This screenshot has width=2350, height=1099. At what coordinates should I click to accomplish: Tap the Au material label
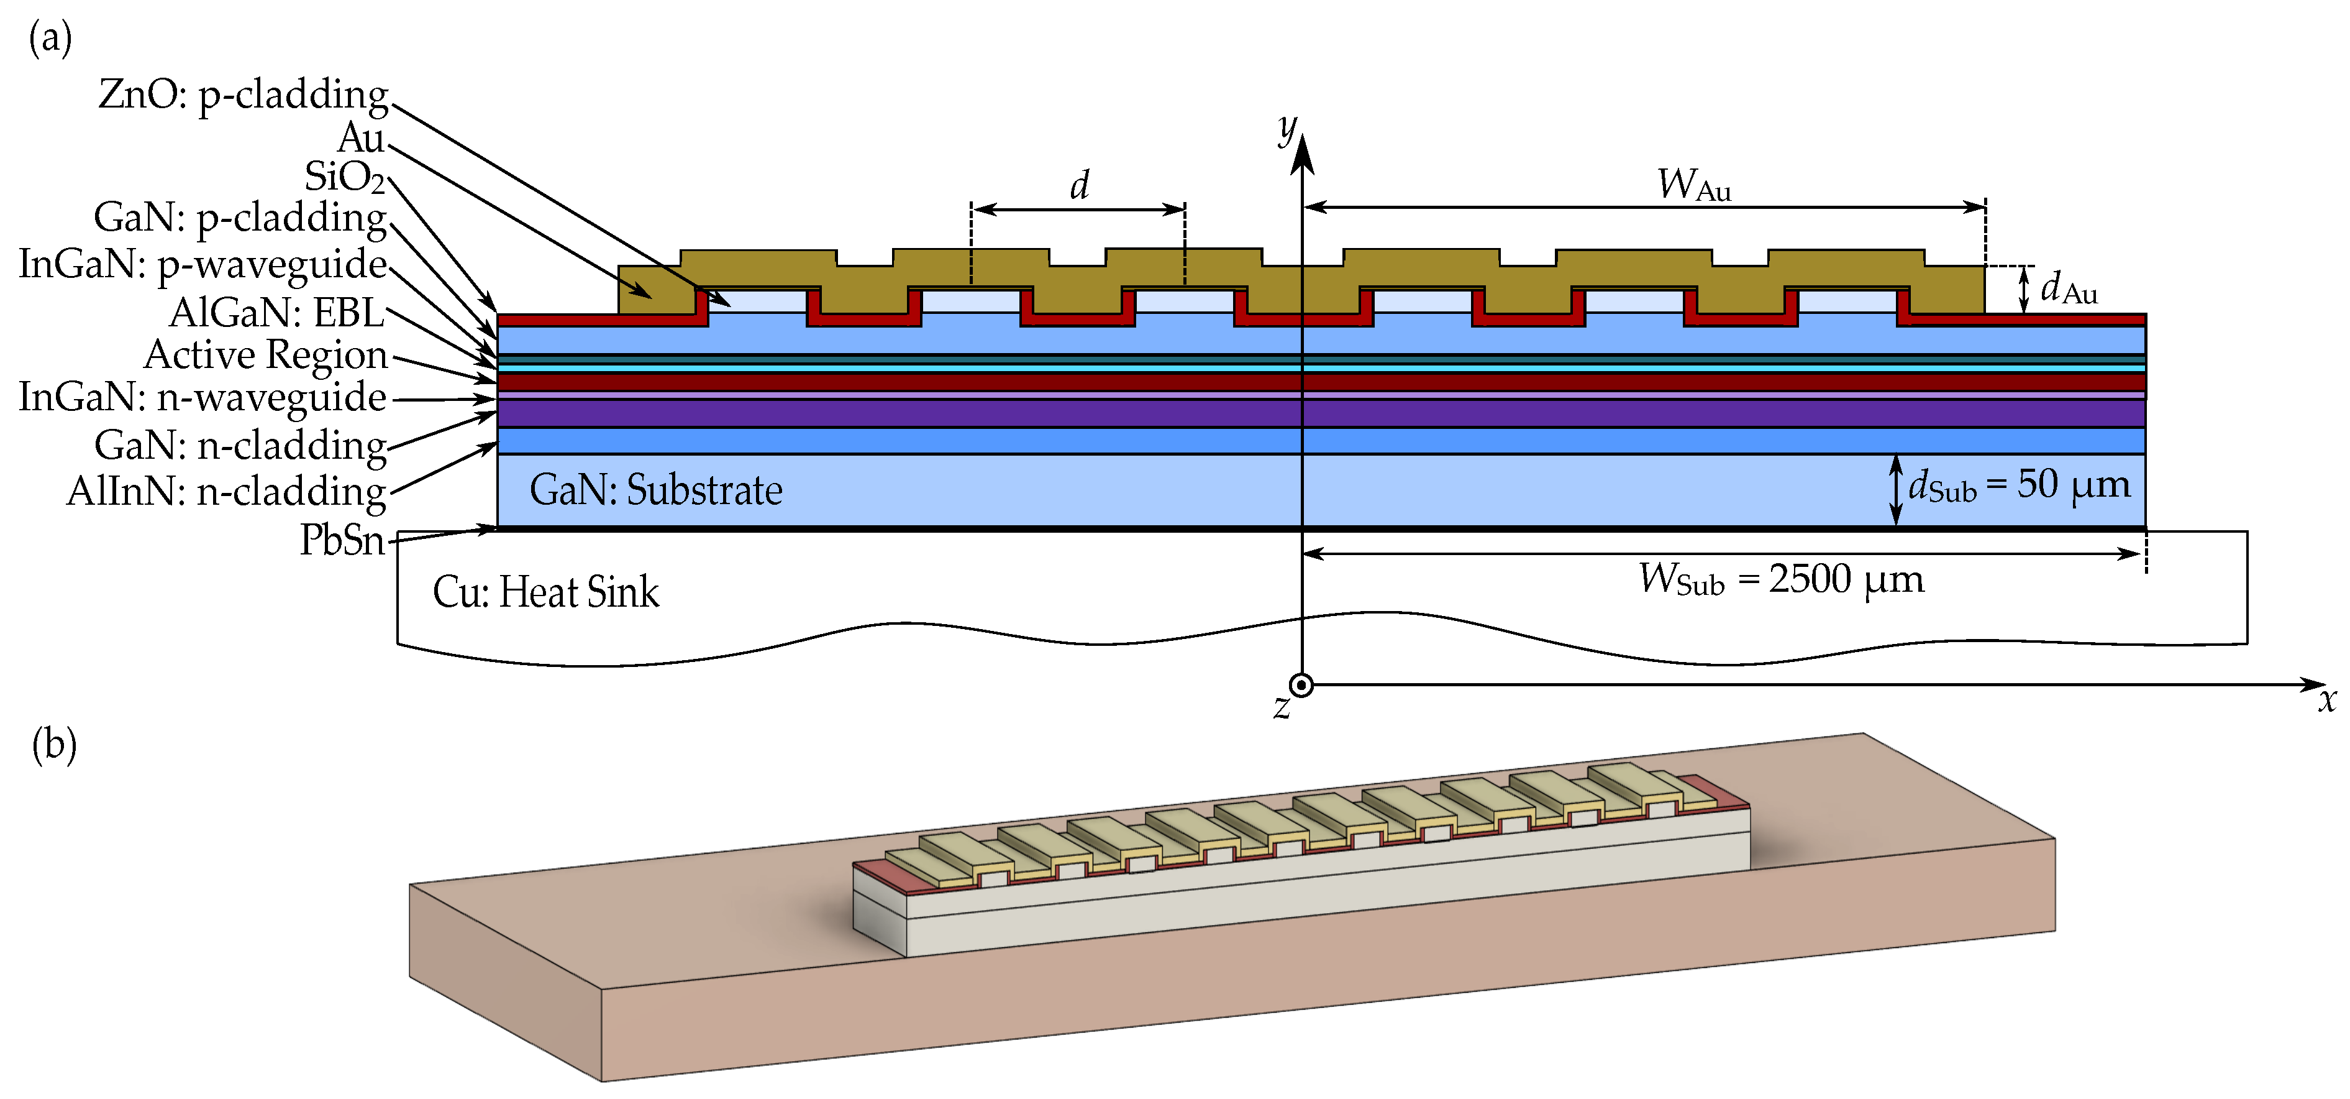point(362,138)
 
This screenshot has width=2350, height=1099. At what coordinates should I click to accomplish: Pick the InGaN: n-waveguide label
point(203,398)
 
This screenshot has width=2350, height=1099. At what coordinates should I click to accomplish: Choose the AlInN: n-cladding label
point(227,492)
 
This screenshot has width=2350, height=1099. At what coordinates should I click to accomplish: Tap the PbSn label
point(343,540)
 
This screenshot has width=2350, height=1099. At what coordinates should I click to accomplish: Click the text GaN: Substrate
point(656,490)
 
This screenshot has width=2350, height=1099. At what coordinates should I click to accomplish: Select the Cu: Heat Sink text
point(545,592)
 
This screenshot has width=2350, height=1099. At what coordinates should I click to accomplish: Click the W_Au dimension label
point(1694,185)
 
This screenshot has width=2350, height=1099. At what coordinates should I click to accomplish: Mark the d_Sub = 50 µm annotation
point(2020,485)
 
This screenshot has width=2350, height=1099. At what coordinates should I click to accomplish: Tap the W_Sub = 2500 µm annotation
point(1782,579)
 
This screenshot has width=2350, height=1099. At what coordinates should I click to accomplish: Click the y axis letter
point(1287,130)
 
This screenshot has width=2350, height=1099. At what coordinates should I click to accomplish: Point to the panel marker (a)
point(51,39)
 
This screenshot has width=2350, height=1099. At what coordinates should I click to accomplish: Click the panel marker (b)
point(54,744)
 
